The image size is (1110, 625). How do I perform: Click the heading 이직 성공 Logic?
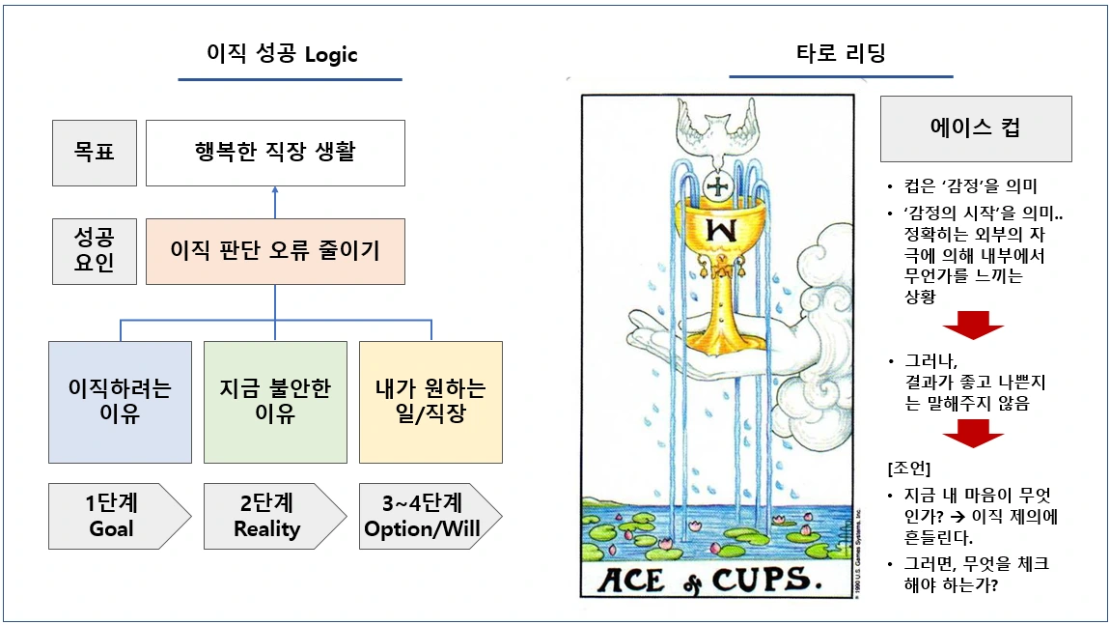pyautogui.click(x=282, y=54)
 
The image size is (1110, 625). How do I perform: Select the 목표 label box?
pyautogui.click(x=95, y=153)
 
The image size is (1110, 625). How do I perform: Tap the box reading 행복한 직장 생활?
pyautogui.click(x=275, y=153)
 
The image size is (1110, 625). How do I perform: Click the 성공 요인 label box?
pyautogui.click(x=95, y=251)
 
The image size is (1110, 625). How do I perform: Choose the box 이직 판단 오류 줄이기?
pyautogui.click(x=275, y=251)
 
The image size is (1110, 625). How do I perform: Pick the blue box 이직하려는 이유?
pyautogui.click(x=121, y=401)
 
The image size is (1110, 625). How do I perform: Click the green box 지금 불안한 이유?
pyautogui.click(x=275, y=401)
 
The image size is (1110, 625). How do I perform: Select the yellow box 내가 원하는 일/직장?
pyautogui.click(x=430, y=401)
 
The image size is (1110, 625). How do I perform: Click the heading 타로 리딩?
pyautogui.click(x=841, y=54)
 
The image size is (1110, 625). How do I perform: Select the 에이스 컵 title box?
pyautogui.click(x=976, y=128)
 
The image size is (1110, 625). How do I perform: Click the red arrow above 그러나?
pyautogui.click(x=973, y=326)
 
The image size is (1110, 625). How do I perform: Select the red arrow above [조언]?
pyautogui.click(x=973, y=436)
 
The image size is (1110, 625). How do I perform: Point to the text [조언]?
pyautogui.click(x=908, y=469)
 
